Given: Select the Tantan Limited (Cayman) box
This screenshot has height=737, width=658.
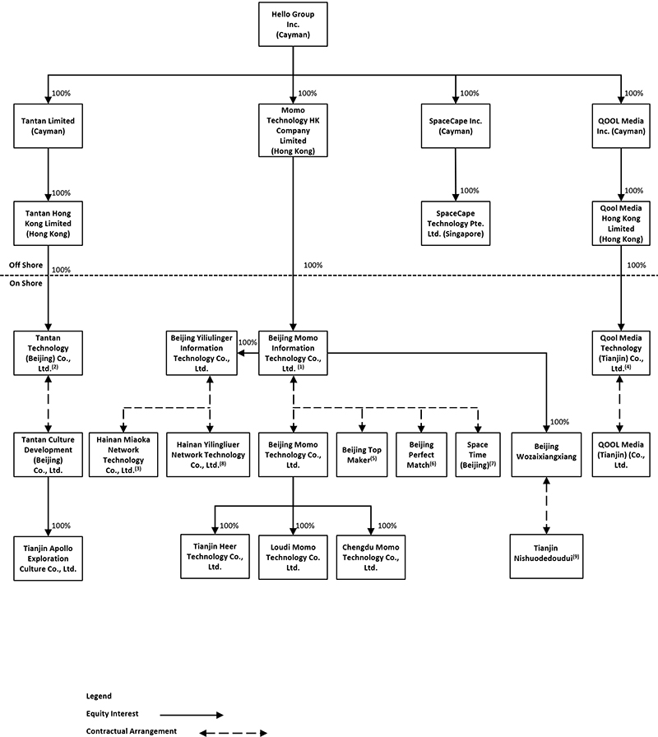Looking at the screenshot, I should point(48,126).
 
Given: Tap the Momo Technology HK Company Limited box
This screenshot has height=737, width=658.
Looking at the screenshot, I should point(294,130).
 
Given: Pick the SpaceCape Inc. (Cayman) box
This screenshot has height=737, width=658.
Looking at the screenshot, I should point(454,126).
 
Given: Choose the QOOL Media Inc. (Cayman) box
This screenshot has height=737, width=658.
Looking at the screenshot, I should point(622,126).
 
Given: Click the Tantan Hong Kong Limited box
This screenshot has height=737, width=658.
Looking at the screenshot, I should point(48,223).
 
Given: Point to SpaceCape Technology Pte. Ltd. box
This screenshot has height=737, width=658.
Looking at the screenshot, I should point(454,223).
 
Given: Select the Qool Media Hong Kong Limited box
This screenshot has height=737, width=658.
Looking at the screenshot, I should point(622,223).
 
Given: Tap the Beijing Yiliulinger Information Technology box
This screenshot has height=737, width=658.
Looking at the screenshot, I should point(202,353).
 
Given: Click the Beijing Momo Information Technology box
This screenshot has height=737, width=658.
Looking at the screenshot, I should point(294,353).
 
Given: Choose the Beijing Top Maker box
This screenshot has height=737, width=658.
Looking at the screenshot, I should point(361,453).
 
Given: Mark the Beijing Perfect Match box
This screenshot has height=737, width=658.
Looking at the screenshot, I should point(421,453).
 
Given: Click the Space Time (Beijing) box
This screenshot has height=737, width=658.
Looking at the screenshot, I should point(477,453).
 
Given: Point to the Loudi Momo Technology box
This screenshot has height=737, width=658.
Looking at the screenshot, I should point(294,557).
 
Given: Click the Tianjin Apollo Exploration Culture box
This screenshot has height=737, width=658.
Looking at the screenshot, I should point(48,557).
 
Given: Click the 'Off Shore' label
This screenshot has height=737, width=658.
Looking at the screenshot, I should point(25,265).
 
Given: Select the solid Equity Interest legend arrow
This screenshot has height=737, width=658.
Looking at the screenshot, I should point(191,716).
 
